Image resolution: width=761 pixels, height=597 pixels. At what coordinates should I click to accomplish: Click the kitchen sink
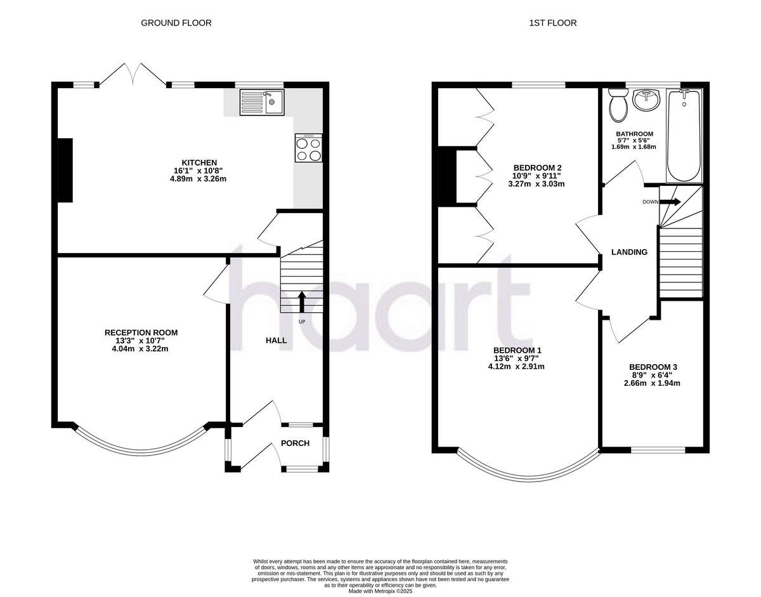point(263,103)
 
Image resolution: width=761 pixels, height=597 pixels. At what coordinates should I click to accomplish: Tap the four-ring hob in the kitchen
point(309,148)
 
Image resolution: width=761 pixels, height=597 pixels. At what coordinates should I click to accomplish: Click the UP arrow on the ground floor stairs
point(302,302)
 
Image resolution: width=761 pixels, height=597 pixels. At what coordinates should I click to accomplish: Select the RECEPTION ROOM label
point(141,332)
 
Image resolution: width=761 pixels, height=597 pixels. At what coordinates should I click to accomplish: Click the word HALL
point(276,341)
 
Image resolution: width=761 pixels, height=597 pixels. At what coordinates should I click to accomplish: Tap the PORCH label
point(296,443)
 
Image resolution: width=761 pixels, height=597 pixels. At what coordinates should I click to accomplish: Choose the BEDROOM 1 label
point(517,350)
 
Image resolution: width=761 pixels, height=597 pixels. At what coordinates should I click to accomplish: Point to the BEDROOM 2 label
point(536,167)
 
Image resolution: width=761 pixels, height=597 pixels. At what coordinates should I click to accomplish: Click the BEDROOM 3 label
point(653,367)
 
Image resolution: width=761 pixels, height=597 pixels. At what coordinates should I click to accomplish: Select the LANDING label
point(629,252)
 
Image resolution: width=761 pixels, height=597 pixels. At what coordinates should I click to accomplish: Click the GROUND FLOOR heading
point(176,23)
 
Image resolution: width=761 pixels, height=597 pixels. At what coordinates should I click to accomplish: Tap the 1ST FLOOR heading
point(553,23)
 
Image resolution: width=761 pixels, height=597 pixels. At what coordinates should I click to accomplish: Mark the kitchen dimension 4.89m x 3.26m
point(193,179)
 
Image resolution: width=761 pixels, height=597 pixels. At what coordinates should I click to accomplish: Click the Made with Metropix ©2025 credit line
point(380,591)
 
